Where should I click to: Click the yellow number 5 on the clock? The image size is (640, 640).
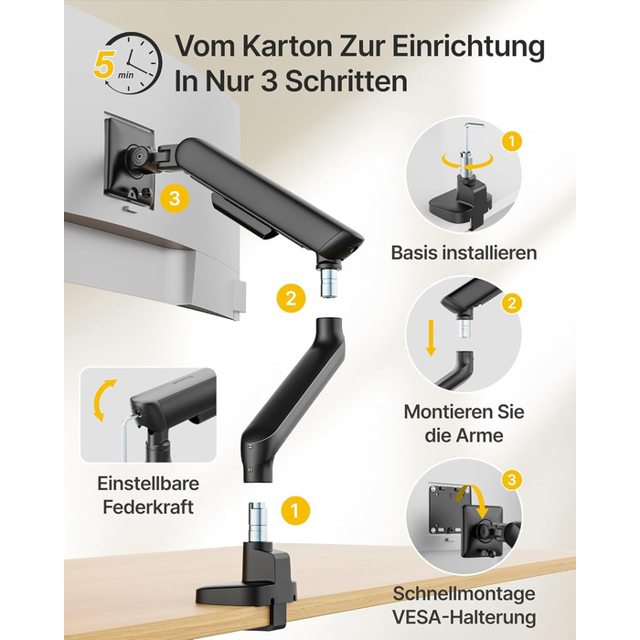point(103,65)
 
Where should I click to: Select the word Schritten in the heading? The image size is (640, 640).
point(347,81)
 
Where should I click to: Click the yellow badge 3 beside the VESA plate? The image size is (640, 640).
point(175,198)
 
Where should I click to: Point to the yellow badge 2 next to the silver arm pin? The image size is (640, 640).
point(291,298)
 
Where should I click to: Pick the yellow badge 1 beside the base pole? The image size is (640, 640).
point(295,510)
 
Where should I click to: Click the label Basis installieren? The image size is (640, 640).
point(464,252)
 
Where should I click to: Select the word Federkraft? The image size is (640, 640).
point(148,507)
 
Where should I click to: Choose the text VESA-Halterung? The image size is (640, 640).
point(464,617)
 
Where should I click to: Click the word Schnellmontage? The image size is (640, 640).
point(464,593)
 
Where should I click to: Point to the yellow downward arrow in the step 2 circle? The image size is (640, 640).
point(431,338)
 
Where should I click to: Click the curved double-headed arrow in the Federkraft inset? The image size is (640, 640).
point(102,400)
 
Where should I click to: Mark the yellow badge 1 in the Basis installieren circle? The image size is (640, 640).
point(511,142)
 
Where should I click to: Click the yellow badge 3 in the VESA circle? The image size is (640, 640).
point(512,479)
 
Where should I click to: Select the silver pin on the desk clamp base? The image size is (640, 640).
point(258,522)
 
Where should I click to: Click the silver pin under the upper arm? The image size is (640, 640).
point(328,283)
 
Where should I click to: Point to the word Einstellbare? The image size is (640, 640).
point(148,484)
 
